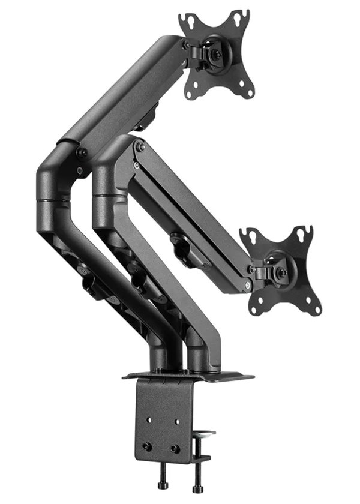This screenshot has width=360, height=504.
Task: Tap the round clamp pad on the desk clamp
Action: (x=206, y=432)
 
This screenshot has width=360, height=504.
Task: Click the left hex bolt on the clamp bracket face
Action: (x=146, y=446)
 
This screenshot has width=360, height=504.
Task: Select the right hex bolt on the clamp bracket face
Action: (x=175, y=448)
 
